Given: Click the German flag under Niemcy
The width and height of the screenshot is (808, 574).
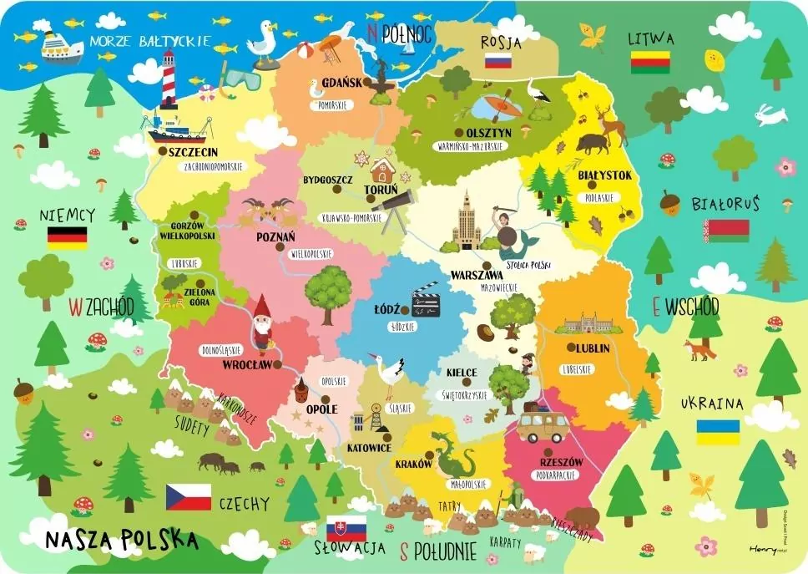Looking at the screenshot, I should tap(68, 238).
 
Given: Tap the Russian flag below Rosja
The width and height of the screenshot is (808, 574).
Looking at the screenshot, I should tap(498, 61).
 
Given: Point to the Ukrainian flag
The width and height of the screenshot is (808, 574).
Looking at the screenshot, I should tap(718, 432).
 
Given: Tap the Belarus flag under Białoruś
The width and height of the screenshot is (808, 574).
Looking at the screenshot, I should tap(725, 231).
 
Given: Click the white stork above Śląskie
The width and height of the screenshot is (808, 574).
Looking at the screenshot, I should tap(390, 375).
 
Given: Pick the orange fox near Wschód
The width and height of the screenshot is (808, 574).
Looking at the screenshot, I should tap(699, 348).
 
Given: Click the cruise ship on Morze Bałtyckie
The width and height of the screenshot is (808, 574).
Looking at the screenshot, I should tap(61, 46).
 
